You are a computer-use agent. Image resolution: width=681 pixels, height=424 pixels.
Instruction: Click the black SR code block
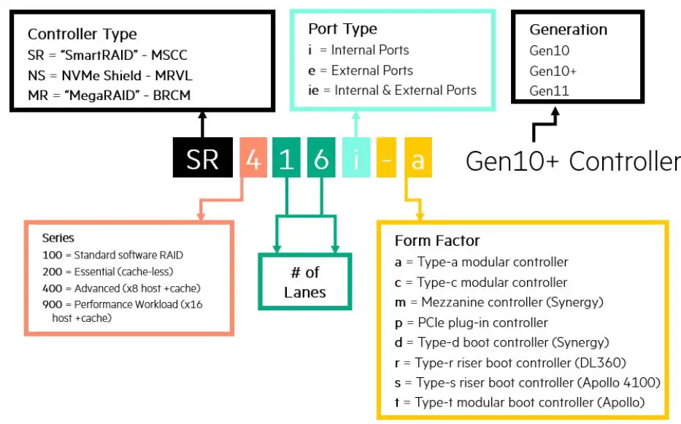pyautogui.click(x=202, y=158)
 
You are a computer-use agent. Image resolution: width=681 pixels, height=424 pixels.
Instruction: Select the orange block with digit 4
pyautogui.click(x=253, y=158)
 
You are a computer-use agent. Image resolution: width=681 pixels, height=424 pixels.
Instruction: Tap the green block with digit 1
pyautogui.click(x=287, y=158)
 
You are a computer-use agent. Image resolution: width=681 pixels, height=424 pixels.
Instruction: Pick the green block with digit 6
pyautogui.click(x=321, y=158)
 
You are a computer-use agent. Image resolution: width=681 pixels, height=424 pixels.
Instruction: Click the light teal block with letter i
pyautogui.click(x=356, y=158)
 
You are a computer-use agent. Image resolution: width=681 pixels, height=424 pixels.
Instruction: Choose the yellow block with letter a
pyautogui.click(x=418, y=158)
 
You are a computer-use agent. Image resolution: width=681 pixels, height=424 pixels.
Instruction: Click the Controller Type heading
pyautogui.click(x=82, y=34)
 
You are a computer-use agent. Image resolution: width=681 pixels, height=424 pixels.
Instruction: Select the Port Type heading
pyautogui.click(x=342, y=29)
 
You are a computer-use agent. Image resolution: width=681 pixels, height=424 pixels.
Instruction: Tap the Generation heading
pyautogui.click(x=568, y=30)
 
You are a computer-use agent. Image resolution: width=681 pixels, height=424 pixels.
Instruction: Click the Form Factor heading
pyautogui.click(x=436, y=241)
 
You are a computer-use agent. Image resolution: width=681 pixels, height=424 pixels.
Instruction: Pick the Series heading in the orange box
pyautogui.click(x=58, y=238)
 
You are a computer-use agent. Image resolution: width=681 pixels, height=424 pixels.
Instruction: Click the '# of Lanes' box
pyautogui.click(x=305, y=282)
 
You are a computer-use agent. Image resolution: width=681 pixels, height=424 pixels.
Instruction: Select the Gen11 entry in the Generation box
pyautogui.click(x=549, y=91)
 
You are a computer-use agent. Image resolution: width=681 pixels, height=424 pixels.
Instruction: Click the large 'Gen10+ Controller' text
pyautogui.click(x=572, y=161)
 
